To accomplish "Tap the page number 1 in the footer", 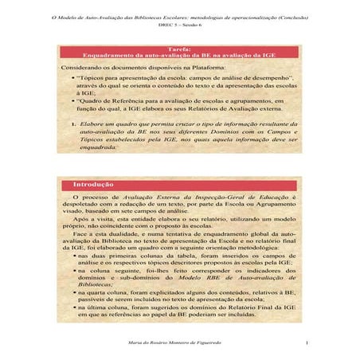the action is click(x=306, y=344).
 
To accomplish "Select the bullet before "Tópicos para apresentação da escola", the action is click(x=74, y=80).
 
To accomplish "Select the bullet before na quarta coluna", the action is click(x=74, y=293).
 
